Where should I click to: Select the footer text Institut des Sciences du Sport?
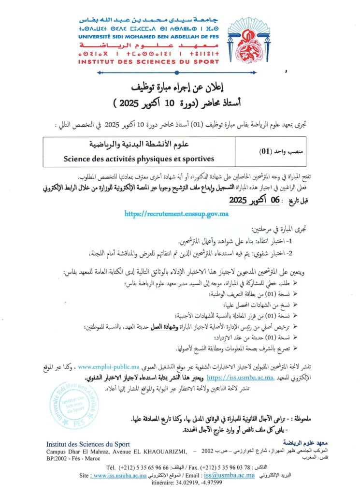[x=88, y=444]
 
